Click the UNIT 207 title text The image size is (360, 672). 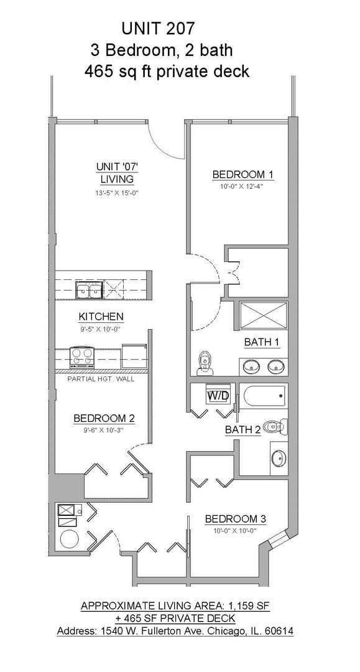pos(159,29)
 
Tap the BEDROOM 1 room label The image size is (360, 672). pos(242,174)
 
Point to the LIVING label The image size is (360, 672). pos(117,179)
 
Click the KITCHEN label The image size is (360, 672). pos(101,317)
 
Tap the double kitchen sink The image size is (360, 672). pos(89,290)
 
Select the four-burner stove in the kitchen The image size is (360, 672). pos(81,357)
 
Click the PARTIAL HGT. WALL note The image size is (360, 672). pos(101,379)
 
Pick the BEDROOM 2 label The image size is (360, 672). pos(104,418)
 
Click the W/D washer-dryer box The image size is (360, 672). pos(218,396)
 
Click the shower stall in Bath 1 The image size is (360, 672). pos(263,316)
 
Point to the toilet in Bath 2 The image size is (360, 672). pos(275,426)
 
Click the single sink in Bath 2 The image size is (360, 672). pos(279,458)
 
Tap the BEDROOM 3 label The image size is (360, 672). pos(236,519)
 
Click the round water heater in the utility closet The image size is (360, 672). pos(68,538)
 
